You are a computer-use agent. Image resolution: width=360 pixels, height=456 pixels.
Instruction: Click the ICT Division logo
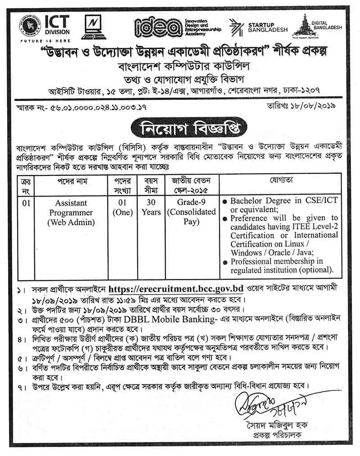(42, 26)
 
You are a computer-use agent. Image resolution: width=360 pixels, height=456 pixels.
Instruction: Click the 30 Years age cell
(151, 207)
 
